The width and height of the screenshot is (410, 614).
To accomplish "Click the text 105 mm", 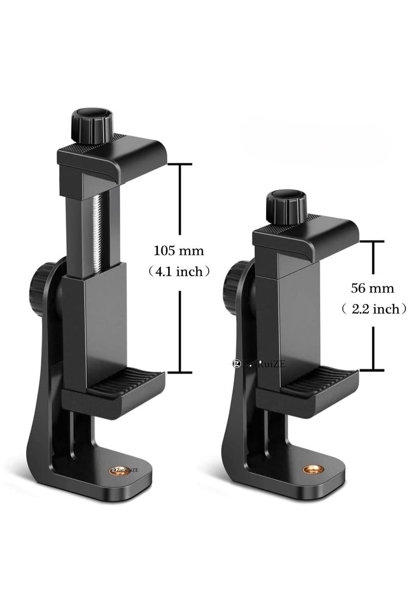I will [x=179, y=251].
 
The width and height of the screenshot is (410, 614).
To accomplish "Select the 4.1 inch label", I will [x=179, y=271].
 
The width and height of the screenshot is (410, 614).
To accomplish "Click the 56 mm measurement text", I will [x=373, y=288].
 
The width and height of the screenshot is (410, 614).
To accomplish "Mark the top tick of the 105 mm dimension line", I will [x=179, y=164].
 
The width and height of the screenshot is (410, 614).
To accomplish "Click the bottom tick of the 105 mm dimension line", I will [x=179, y=372].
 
